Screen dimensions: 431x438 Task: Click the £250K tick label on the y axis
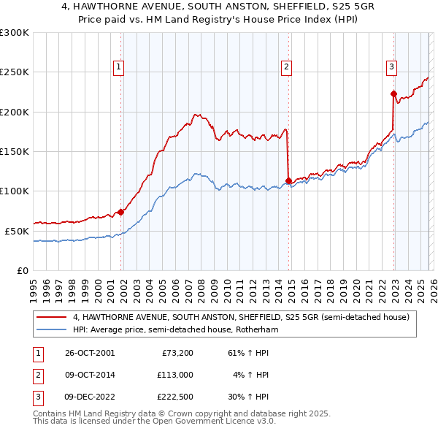pyautogui.click(x=15, y=72)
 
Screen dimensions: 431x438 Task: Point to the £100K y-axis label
pyautogui.click(x=15, y=191)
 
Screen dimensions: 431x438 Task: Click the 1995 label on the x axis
pyautogui.click(x=34, y=285)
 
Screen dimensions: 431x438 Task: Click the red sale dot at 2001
pyautogui.click(x=121, y=212)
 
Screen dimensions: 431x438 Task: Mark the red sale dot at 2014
pyautogui.click(x=288, y=180)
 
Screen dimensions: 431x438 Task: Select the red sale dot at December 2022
pyautogui.click(x=393, y=94)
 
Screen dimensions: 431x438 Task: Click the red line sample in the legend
pyautogui.click(x=52, y=318)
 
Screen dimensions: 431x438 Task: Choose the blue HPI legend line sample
pyautogui.click(x=52, y=330)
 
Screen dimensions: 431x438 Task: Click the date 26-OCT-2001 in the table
pyautogui.click(x=90, y=353)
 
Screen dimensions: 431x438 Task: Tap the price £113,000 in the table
pyautogui.click(x=174, y=375)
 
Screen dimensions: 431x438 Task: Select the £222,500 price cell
pyautogui.click(x=174, y=398)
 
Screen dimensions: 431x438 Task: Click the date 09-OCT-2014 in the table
pyautogui.click(x=90, y=375)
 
